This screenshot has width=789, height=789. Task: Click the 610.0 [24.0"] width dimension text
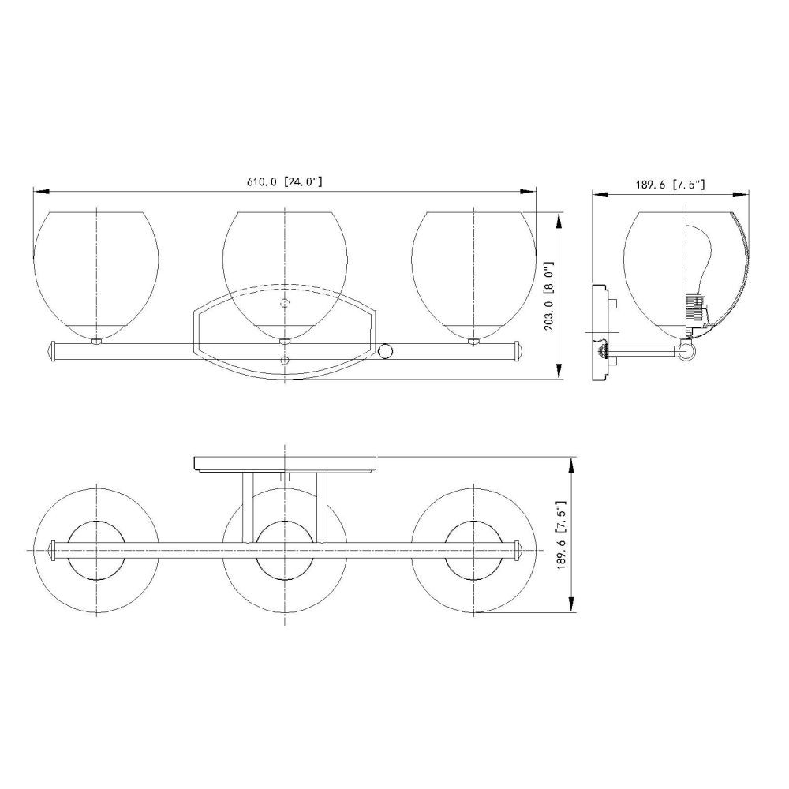click(x=284, y=181)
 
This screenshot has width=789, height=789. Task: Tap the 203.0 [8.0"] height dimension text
click(x=549, y=295)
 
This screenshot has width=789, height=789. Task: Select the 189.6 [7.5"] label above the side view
click(x=670, y=185)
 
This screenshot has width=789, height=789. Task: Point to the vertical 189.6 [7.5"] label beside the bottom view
click(x=562, y=535)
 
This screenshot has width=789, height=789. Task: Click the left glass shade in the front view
click(x=96, y=275)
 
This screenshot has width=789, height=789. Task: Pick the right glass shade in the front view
click(x=474, y=275)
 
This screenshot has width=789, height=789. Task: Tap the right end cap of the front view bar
click(x=519, y=351)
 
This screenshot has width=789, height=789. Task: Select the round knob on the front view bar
click(x=386, y=351)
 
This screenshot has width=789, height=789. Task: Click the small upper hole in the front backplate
click(x=285, y=303)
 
